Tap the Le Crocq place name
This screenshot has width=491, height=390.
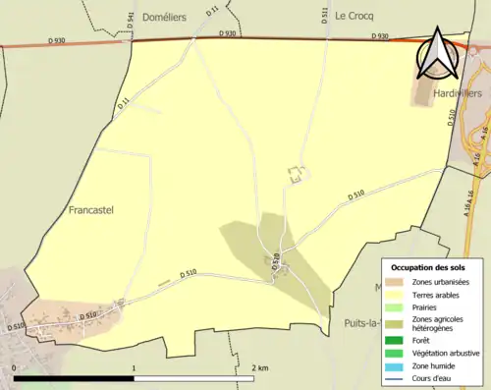[355, 17]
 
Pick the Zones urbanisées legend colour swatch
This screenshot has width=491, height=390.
[397, 282]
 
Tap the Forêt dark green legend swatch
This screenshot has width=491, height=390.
[397, 340]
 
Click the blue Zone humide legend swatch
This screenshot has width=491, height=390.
[397, 364]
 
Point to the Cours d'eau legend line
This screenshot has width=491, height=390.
[397, 377]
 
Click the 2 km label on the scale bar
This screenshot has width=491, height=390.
[259, 367]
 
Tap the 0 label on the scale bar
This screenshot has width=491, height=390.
[15, 367]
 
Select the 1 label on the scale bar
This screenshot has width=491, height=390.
[134, 367]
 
